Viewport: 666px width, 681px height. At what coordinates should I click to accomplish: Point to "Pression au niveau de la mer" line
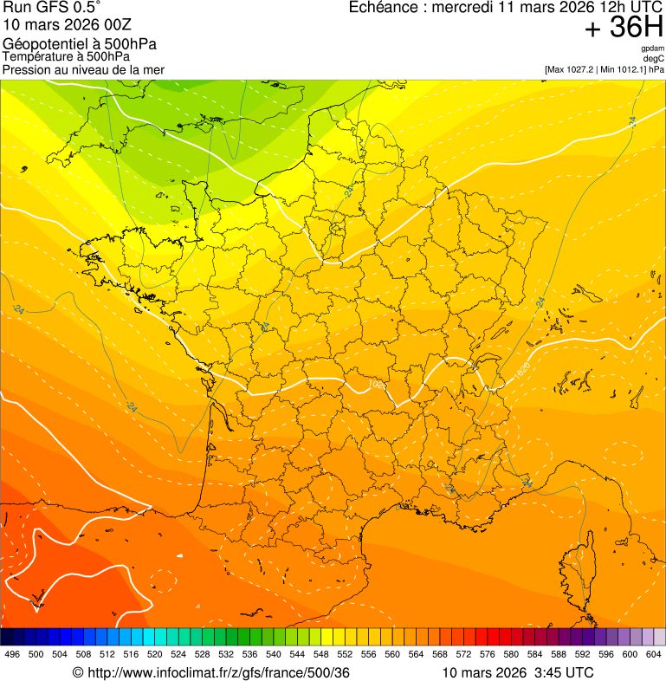(x=83, y=69)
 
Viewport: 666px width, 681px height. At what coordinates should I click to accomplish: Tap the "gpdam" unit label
(x=652, y=49)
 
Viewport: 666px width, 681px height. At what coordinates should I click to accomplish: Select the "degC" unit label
(x=654, y=58)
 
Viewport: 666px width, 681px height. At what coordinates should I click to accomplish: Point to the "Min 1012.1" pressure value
(x=624, y=68)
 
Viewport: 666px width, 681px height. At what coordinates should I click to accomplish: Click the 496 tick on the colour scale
(x=12, y=655)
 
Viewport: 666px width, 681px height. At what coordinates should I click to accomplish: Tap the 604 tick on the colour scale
(x=654, y=655)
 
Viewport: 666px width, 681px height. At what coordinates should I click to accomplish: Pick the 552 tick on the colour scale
(x=345, y=655)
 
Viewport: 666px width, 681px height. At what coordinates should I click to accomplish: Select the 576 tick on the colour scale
(x=488, y=655)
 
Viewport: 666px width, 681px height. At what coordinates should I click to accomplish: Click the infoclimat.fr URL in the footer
(x=217, y=672)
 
